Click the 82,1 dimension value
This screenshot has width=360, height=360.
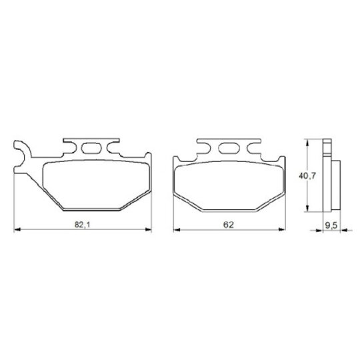click(x=83, y=225)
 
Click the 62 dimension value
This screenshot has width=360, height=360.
click(x=229, y=225)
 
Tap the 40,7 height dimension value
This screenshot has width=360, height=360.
click(x=307, y=176)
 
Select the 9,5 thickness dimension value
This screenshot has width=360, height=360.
click(x=331, y=226)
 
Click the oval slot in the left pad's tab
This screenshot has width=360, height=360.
click(x=91, y=148)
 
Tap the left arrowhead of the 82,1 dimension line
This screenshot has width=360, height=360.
click(x=17, y=229)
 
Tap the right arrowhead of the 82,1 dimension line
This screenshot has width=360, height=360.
click(x=148, y=229)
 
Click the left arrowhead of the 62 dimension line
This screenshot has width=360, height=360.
click(x=177, y=229)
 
